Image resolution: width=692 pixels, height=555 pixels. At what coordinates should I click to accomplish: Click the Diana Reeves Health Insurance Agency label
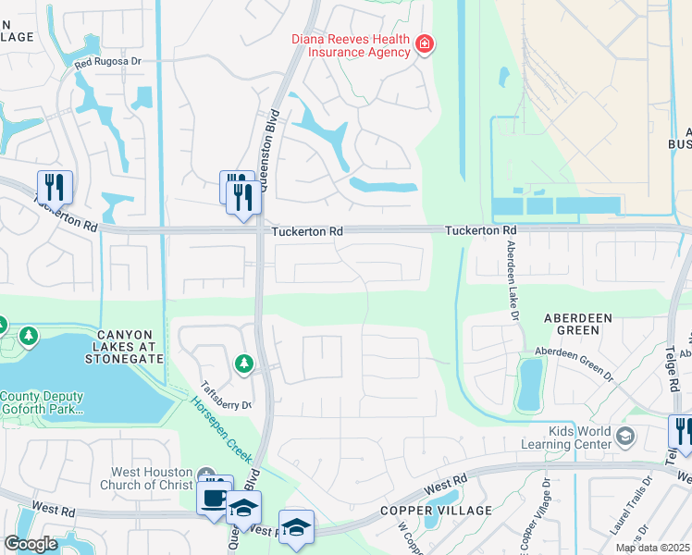click(x=351, y=45)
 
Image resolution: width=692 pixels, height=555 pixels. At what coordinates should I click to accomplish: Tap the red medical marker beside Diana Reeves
click(x=425, y=43)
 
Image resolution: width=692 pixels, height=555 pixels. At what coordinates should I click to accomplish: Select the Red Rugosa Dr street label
click(x=107, y=62)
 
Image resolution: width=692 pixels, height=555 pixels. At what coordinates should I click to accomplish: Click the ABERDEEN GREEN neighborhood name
click(x=578, y=324)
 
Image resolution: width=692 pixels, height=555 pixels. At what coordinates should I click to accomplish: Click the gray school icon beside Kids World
click(x=626, y=436)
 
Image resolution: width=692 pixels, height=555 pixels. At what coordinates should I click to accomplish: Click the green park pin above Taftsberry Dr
click(x=243, y=364)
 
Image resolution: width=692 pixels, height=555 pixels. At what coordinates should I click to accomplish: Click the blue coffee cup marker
click(x=213, y=498)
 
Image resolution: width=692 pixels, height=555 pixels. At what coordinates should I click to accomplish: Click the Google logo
click(x=31, y=543)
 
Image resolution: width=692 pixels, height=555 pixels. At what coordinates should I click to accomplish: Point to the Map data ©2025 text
click(x=652, y=548)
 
